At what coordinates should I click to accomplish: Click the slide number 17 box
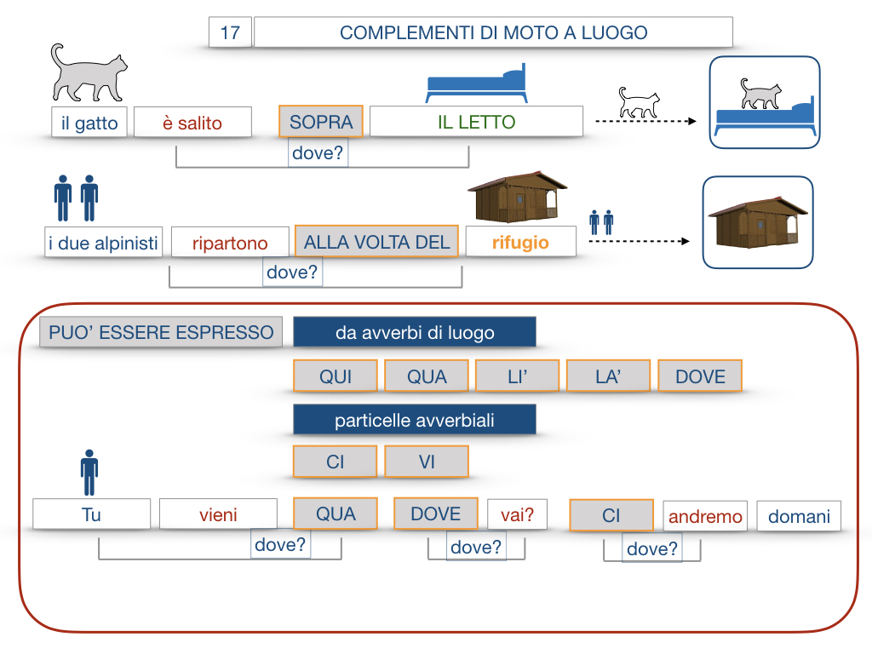coord(230,33)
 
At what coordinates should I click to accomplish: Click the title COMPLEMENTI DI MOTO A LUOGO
coord(493,33)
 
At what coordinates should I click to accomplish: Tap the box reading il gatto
coord(89,123)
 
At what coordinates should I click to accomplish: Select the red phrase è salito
coord(192,123)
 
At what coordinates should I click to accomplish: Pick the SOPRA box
coord(321,122)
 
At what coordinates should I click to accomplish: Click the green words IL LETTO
coord(476,122)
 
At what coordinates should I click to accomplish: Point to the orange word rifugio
coord(520,242)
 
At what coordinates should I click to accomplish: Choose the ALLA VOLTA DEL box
coord(376,242)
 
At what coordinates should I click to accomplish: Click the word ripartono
coord(229,243)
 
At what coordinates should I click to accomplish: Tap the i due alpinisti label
coord(103,243)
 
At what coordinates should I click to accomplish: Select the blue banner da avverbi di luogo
coord(415,332)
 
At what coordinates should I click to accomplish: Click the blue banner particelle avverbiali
coord(415,420)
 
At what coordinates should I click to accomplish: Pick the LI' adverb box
coord(518,376)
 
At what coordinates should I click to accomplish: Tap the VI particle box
coord(427,462)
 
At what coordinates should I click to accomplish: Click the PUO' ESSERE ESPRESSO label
coord(161,332)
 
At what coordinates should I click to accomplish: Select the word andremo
coord(705,516)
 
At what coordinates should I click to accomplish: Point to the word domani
coord(799,516)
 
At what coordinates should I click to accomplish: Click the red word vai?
coord(517,514)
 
